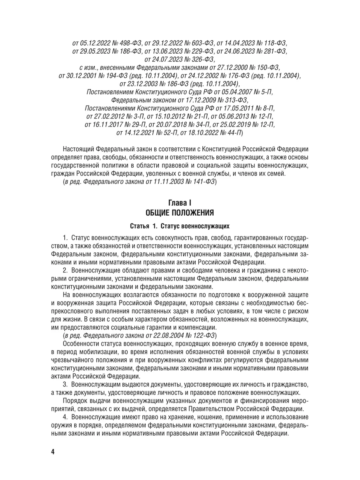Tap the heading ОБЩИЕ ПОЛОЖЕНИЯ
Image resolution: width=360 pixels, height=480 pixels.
(180, 212)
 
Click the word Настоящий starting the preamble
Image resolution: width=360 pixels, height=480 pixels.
(80, 149)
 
